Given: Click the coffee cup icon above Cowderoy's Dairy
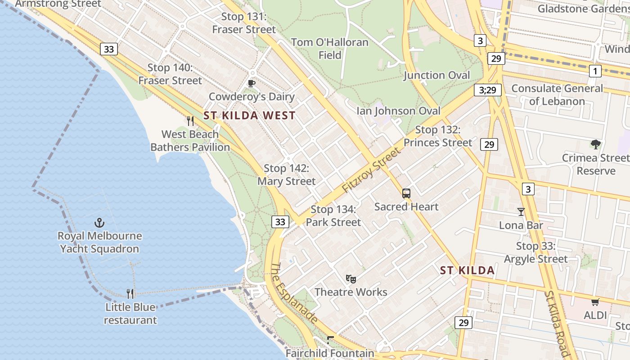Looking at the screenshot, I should point(252,83).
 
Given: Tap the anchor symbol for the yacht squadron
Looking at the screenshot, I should point(99,222).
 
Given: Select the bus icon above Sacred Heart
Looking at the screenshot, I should point(406,193).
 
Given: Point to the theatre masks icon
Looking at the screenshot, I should point(351,279).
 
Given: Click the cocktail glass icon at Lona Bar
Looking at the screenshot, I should point(521,212).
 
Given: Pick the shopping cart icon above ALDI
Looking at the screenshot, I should point(595,302).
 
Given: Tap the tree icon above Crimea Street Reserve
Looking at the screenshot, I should point(596,144).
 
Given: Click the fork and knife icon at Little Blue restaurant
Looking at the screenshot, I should point(130,294).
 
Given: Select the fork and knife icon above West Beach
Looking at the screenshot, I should point(190,121).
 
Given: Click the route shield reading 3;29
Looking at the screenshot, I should point(487,90).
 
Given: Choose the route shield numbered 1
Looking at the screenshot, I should point(595,71).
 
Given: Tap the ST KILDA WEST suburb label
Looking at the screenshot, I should point(249,116).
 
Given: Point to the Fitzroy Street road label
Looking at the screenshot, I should point(371,171).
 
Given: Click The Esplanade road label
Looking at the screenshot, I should point(293,293).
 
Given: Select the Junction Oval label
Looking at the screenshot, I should point(436,75).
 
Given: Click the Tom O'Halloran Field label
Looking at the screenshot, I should point(330,49).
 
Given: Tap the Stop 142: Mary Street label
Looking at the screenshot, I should point(287,175).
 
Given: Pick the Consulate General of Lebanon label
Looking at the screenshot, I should point(557,94).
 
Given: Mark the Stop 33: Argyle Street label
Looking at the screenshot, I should point(535,252).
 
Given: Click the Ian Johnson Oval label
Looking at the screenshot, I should point(398,111).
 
